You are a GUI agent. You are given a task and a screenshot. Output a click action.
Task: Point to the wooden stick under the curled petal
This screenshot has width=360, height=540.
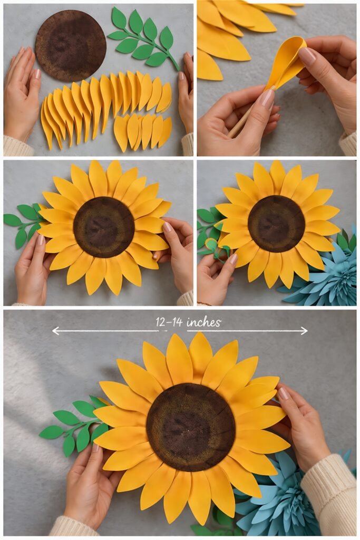click(240, 127)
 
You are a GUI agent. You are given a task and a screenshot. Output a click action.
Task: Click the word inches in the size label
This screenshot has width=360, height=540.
click(204, 322)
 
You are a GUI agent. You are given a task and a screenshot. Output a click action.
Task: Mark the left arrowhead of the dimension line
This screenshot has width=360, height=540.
click(55, 331)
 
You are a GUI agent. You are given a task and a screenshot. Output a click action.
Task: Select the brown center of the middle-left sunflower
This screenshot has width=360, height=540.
click(104, 227)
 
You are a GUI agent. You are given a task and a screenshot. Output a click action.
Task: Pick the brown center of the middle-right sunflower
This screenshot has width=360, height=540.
click(276, 224)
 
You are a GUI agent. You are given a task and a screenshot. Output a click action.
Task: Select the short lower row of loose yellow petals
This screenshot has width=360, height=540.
click(142, 132)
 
